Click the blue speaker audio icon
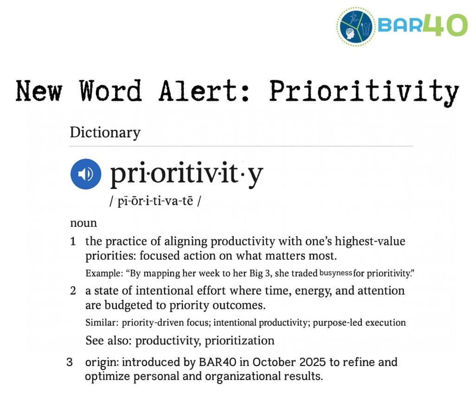pos(86,174)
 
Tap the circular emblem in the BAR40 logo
pos(356,25)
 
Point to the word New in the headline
pos(39,91)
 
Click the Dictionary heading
pos(105,133)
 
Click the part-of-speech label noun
pos(83,223)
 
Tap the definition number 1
pos(73,242)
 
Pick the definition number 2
pos(73,291)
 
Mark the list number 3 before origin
pos(70,362)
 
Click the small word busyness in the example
pos(336,273)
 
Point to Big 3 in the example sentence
pos(239,273)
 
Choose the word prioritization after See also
pos(239,340)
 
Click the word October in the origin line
pos(274,362)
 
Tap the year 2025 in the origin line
pos(312,362)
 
